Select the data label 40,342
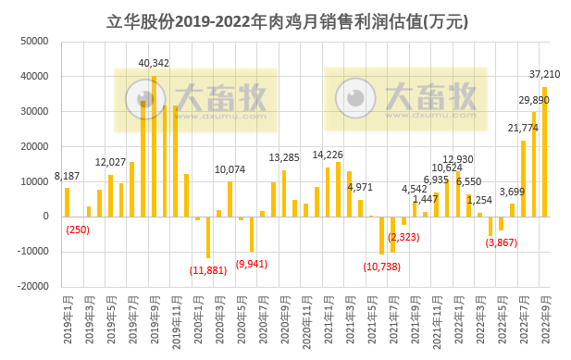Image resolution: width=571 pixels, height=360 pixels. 154,63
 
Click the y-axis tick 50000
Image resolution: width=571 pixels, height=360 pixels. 35,42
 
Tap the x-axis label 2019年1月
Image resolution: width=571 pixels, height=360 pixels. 68,320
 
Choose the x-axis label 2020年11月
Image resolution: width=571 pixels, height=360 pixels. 306,320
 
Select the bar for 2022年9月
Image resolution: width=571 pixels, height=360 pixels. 544,152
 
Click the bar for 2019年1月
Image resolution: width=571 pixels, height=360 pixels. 68,202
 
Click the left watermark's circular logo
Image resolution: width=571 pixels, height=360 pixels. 141,95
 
